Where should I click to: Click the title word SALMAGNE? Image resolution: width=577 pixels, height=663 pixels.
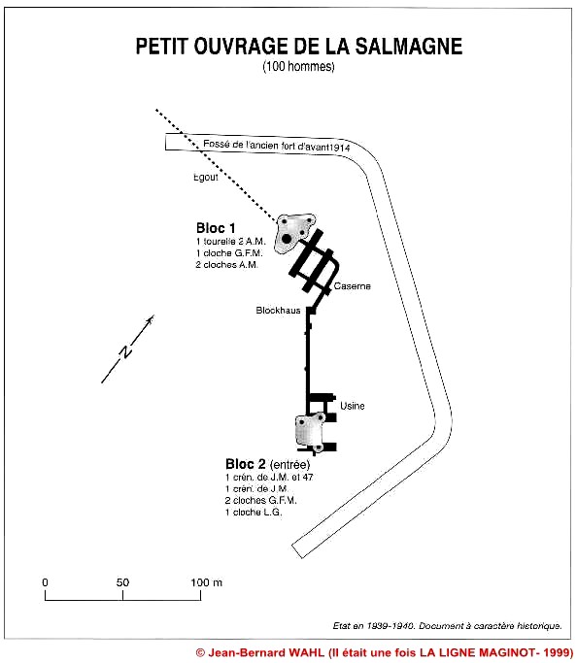(x=409, y=46)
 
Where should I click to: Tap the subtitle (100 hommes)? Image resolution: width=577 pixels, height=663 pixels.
(x=298, y=66)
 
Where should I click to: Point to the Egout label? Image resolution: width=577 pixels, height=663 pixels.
(x=206, y=178)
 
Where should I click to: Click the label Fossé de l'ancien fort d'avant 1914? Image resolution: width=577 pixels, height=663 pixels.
(x=277, y=145)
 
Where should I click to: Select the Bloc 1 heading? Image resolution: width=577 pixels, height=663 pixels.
(x=216, y=228)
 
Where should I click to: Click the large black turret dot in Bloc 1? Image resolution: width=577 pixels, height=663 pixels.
(x=287, y=239)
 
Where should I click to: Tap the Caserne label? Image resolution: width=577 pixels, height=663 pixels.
(x=352, y=286)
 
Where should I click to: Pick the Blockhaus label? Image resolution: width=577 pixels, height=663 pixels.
(x=278, y=311)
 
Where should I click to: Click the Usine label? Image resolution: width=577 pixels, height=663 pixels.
(x=353, y=406)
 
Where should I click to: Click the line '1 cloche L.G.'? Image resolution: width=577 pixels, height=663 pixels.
(x=254, y=513)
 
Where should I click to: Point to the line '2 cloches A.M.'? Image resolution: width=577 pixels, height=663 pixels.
(x=226, y=265)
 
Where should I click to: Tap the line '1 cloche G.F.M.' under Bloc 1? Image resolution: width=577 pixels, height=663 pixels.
(x=229, y=253)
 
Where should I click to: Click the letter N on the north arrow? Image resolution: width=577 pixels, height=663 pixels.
(x=125, y=351)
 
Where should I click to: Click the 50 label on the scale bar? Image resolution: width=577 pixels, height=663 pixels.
(x=122, y=582)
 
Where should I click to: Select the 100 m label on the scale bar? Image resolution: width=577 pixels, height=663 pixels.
(x=207, y=582)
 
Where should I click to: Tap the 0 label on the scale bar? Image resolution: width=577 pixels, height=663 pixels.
(x=46, y=582)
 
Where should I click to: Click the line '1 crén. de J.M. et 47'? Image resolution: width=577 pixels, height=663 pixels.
(x=269, y=478)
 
